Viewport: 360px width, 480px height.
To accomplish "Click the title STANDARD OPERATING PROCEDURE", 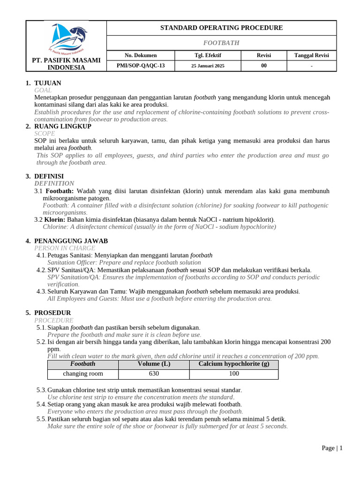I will pos(221,28).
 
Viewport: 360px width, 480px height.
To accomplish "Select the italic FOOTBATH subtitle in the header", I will pos(221,43).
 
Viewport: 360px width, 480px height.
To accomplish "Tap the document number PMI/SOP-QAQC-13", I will pos(141,66).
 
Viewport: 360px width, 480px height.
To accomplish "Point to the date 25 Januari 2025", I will pos(208,66).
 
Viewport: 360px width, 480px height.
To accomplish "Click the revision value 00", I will pos(264,66).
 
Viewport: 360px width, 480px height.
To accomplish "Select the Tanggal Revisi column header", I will pos(312,55).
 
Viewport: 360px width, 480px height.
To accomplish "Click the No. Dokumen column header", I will pos(141,55).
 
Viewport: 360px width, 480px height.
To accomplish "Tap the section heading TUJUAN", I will pos(47,83).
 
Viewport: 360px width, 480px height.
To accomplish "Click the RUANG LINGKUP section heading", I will pos(62,126).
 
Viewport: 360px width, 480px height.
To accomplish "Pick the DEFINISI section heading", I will pos(49,176).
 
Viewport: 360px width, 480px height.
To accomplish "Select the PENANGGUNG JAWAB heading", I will pos(71,241).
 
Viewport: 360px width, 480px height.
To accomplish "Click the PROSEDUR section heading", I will pos(52,313).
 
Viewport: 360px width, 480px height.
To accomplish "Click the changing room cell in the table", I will pos(83,374).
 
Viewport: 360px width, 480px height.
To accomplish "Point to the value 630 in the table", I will pos(154,374).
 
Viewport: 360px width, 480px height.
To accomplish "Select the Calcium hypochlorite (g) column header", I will pos(234,364).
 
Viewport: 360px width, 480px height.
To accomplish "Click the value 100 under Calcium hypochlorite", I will pos(234,374).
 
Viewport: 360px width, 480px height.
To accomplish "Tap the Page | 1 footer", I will pos(332,448).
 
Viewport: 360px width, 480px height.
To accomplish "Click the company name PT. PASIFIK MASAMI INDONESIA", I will pos(66,64).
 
